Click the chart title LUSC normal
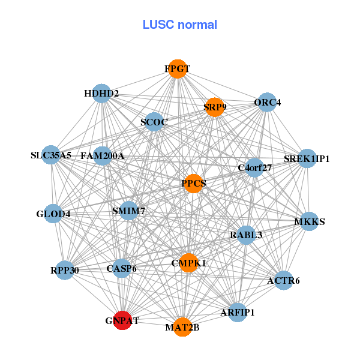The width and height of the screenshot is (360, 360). click(x=179, y=25)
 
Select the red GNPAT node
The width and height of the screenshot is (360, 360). click(x=122, y=320)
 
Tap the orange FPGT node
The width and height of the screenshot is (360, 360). click(x=177, y=69)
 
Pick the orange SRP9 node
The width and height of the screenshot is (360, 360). click(x=214, y=107)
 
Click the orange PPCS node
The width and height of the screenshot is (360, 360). click(x=193, y=183)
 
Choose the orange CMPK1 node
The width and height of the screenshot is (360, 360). click(x=188, y=263)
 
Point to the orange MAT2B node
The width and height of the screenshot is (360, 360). click(x=182, y=327)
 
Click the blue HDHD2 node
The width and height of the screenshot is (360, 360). click(x=101, y=93)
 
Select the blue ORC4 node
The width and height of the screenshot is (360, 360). click(x=267, y=102)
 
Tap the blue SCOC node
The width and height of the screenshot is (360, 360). click(x=154, y=122)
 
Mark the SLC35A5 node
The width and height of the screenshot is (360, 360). click(x=52, y=155)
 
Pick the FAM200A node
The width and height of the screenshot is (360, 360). click(x=103, y=156)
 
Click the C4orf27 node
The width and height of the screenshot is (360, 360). click(x=254, y=167)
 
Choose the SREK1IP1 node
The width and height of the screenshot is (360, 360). click(x=307, y=158)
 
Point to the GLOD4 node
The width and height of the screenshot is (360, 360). click(x=53, y=213)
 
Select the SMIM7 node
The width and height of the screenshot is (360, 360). click(x=129, y=211)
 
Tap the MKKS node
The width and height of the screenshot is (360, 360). click(x=309, y=221)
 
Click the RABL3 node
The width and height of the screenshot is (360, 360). click(x=246, y=235)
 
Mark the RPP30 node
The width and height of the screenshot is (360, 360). click(x=65, y=270)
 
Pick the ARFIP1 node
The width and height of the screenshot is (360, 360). click(x=238, y=312)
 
